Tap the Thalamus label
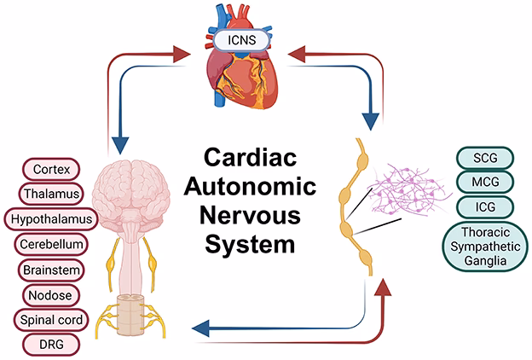(51, 194)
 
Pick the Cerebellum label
(52, 245)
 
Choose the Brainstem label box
(50, 270)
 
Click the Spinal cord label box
(52, 320)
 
